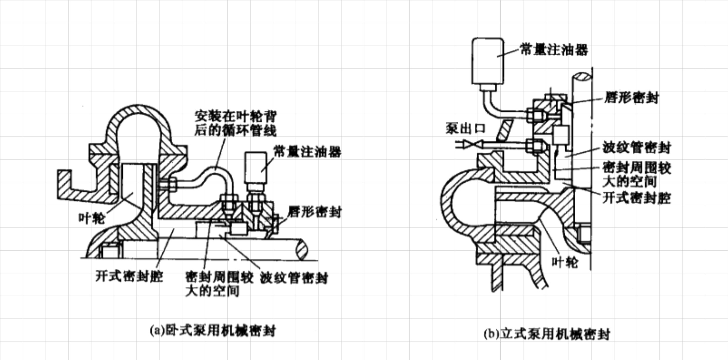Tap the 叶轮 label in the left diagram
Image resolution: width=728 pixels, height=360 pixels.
(x=91, y=218)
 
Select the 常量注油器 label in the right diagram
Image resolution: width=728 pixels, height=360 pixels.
(x=554, y=50)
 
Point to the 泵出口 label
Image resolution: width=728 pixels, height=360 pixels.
(x=465, y=129)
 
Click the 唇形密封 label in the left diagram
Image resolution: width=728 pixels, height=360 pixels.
(x=314, y=212)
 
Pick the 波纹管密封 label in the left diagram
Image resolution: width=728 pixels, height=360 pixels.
(x=294, y=278)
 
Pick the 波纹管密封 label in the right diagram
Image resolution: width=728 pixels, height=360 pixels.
(x=636, y=148)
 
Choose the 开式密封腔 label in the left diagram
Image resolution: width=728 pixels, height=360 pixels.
(x=129, y=276)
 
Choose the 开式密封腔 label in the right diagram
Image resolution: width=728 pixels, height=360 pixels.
(x=637, y=198)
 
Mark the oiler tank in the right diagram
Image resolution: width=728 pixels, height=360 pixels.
(x=488, y=61)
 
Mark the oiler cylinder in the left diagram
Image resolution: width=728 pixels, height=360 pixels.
(x=256, y=167)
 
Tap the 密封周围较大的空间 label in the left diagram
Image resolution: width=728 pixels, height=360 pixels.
(x=219, y=284)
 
